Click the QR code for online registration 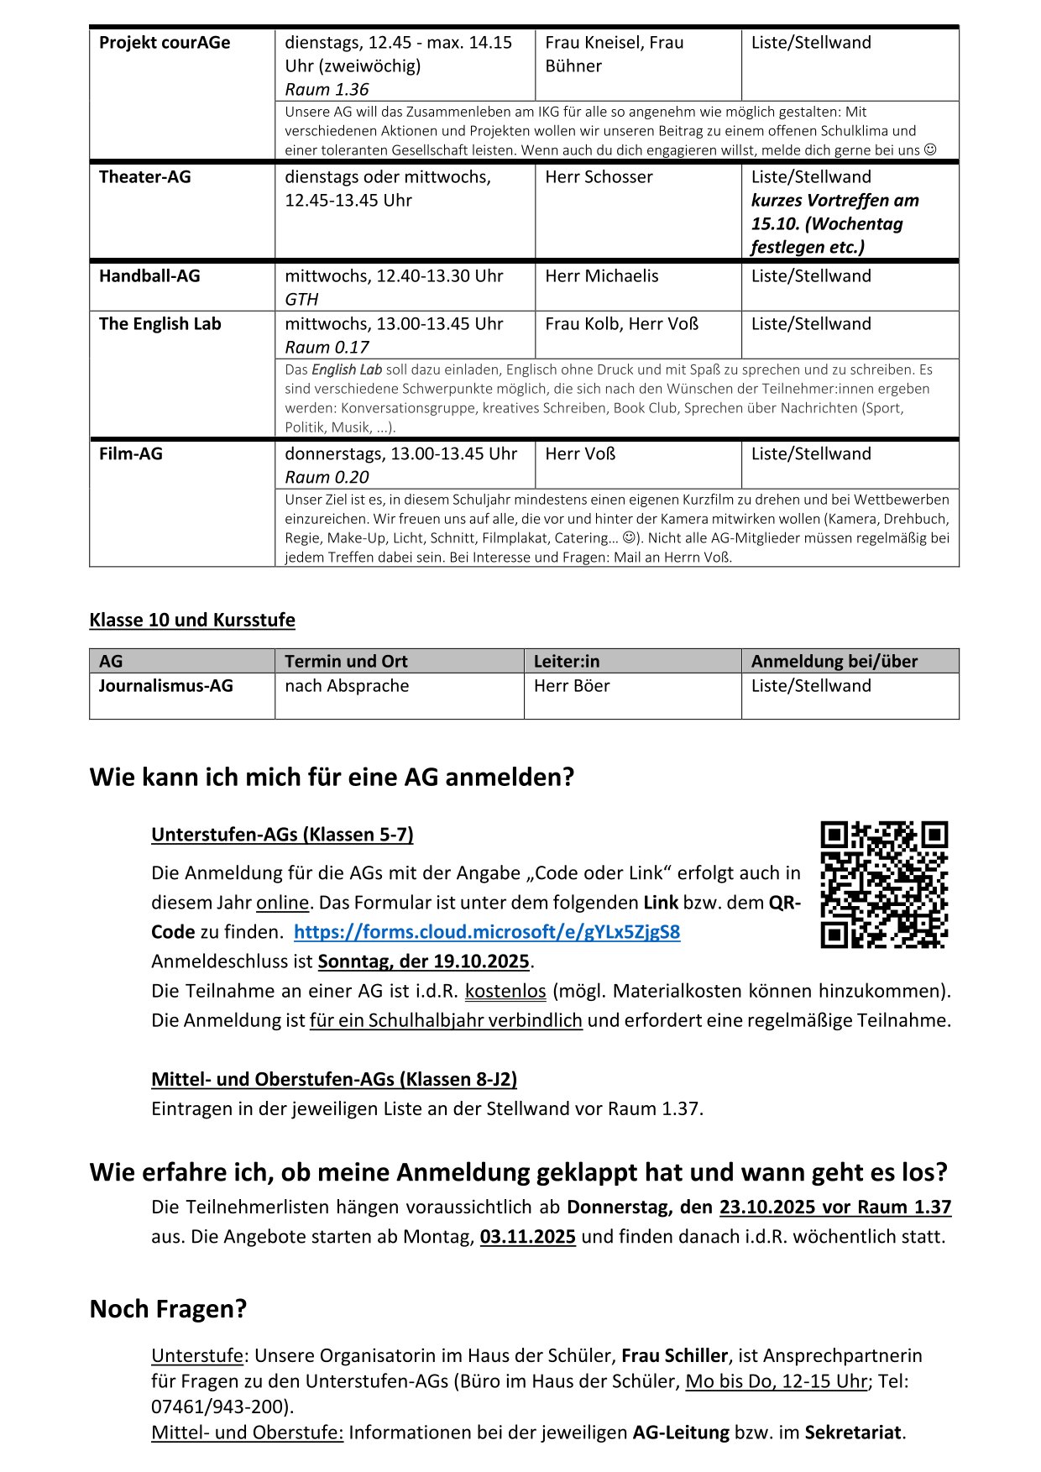(x=884, y=884)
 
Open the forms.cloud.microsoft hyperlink (x=487, y=932)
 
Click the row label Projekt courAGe (x=165, y=43)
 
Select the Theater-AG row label (x=145, y=177)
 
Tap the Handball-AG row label (x=149, y=276)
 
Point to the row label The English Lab (x=160, y=324)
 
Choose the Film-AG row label (x=131, y=454)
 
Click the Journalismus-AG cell (x=166, y=686)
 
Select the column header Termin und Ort (x=346, y=662)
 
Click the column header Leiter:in (x=567, y=662)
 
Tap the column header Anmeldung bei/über (x=834, y=662)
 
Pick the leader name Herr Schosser (x=599, y=177)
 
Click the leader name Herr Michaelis (x=602, y=276)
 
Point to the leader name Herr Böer (x=572, y=686)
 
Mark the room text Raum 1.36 (x=327, y=90)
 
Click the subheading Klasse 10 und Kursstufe (x=192, y=621)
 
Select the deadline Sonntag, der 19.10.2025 (x=423, y=961)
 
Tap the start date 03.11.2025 (x=528, y=1237)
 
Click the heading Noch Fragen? (x=168, y=1309)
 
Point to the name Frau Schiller (x=674, y=1356)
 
